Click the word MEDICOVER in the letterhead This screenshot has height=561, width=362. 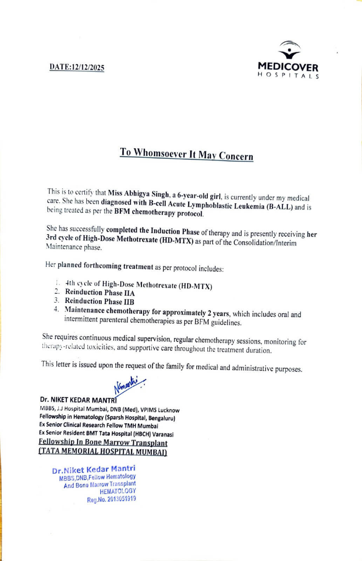(x=288, y=67)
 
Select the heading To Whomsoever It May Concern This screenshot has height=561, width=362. (x=186, y=154)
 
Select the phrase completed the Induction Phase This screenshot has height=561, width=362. (x=153, y=231)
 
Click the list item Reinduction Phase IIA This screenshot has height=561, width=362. (x=100, y=292)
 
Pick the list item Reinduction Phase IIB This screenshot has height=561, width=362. (x=100, y=301)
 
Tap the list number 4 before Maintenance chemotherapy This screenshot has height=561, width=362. (x=56, y=310)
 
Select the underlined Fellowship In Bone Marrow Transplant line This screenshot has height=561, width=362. (x=103, y=443)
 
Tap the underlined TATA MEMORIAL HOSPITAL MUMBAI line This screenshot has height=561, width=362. (x=102, y=452)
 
